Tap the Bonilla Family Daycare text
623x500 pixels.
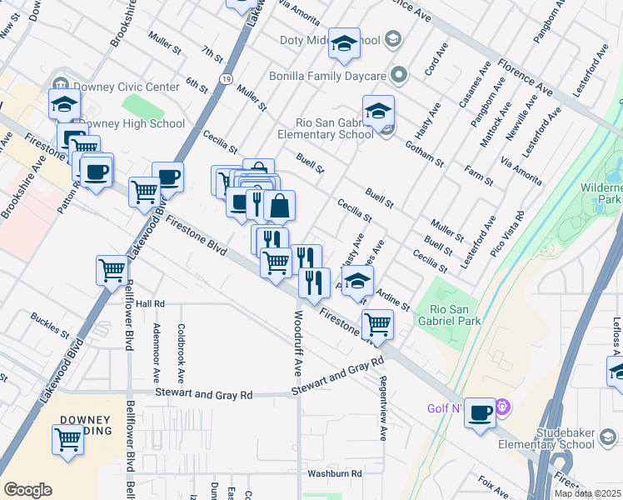pos(326,76)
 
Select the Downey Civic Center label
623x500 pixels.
pos(126,87)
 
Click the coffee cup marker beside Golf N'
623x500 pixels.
pos(481,414)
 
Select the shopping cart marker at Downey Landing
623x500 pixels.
pos(67,439)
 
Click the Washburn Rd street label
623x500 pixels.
pos(334,473)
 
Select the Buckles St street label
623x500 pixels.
pos(50,325)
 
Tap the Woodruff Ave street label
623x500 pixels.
pos(298,342)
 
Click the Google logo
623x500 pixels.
pos(27,490)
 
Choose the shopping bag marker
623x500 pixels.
pos(280,206)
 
